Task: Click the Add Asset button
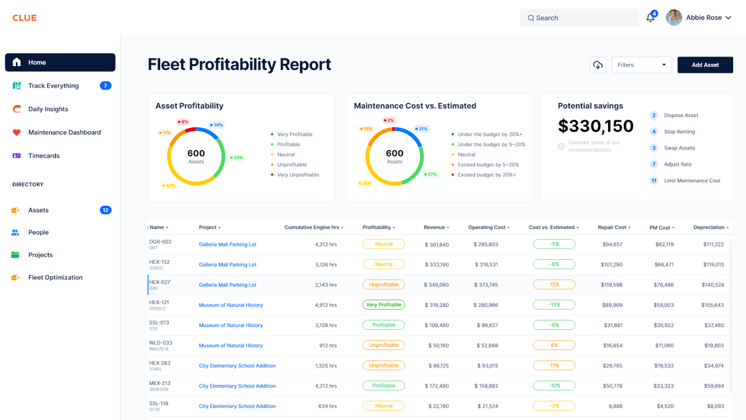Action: pos(705,65)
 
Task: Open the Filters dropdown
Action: pos(641,65)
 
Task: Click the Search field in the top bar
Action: pos(579,18)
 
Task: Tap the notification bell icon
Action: pos(650,18)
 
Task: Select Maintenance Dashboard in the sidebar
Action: pos(64,133)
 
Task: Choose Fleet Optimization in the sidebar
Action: pos(55,277)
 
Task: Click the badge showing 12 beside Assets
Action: pos(106,210)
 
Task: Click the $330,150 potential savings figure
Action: pos(595,126)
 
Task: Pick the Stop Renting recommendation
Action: pos(679,132)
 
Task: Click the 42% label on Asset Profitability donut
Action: pos(169,186)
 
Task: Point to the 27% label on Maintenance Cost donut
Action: pos(431,174)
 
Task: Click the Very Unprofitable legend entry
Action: pos(297,175)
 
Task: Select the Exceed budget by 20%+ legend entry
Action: pos(486,175)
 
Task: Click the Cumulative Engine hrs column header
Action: pos(313,228)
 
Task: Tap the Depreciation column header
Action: pos(710,228)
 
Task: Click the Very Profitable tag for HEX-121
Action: pos(383,305)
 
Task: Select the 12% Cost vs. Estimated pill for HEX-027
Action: pos(554,285)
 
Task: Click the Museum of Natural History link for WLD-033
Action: pos(231,345)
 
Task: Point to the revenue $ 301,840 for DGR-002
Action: pos(437,245)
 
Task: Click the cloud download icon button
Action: pos(598,65)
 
